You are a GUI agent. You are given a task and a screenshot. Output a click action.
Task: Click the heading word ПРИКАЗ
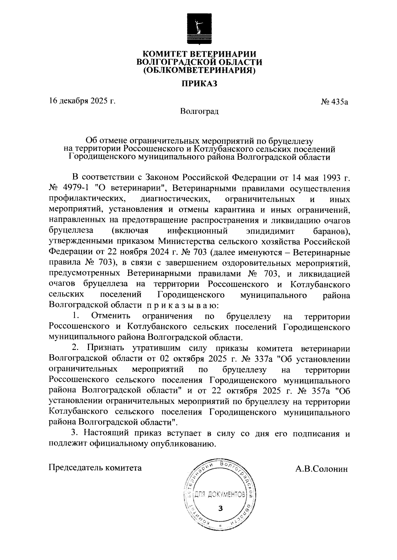pos(198,84)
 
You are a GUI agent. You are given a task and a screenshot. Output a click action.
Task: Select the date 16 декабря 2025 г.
pos(82,101)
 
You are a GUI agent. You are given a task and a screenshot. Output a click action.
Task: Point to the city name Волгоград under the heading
pos(199,111)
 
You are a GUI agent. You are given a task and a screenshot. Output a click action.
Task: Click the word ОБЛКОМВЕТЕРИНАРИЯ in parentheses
pos(199,70)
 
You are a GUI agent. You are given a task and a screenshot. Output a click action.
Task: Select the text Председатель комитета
pos(95,468)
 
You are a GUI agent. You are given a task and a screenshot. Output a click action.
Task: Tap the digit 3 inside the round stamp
pos(221,508)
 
